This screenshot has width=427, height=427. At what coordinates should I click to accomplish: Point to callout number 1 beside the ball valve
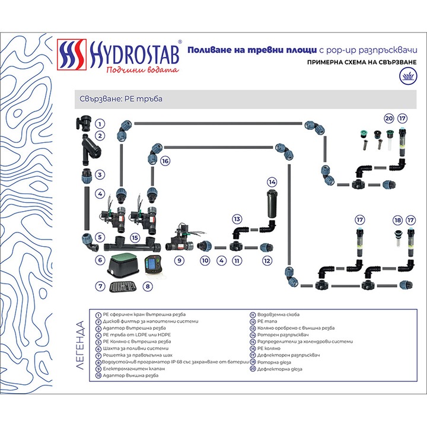100,125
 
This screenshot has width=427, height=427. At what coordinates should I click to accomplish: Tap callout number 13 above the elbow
237,219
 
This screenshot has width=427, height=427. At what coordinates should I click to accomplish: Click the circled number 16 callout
165,161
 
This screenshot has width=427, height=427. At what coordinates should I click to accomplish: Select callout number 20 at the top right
389,118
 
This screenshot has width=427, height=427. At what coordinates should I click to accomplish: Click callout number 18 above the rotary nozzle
397,220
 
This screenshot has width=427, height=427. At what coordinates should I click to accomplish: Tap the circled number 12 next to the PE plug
267,260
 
